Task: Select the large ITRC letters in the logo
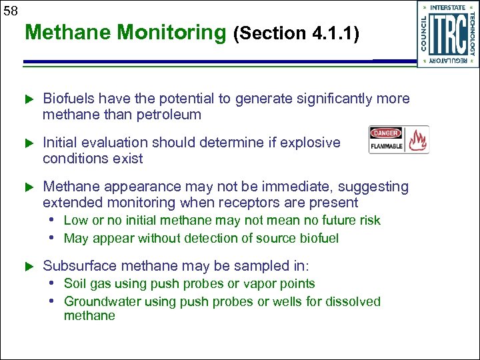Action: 448,34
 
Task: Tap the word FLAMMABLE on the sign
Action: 387,146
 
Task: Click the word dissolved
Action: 354,301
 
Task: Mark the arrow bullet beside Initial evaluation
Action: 28,143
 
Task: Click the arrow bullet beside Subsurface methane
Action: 28,267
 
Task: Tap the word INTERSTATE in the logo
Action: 447,7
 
